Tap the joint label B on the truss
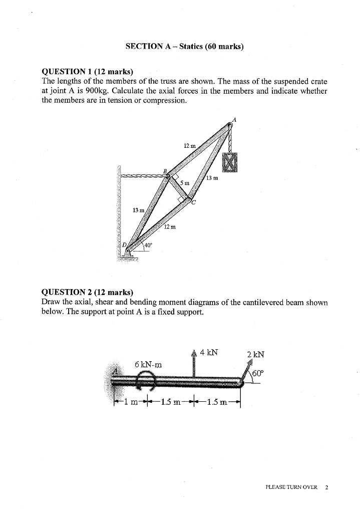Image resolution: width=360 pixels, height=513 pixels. pos(164,170)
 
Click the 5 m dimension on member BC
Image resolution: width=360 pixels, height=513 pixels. pos(185,183)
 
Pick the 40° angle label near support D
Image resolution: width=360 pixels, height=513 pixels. pos(149,245)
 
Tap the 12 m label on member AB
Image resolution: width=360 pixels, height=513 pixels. pos(188,145)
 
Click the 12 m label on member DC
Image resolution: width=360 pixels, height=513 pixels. pos(170,227)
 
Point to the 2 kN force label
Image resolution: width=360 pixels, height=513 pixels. pos(255,355)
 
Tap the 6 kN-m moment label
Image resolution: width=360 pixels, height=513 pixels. pos(150,364)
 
